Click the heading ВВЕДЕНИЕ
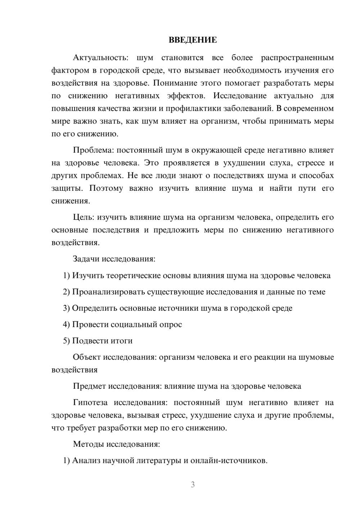(193, 40)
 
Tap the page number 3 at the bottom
(193, 485)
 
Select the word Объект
(87, 357)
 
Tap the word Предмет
(89, 386)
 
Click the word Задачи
(86, 259)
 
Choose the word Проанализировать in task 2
(108, 292)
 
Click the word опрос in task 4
(170, 324)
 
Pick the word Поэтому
(106, 188)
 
